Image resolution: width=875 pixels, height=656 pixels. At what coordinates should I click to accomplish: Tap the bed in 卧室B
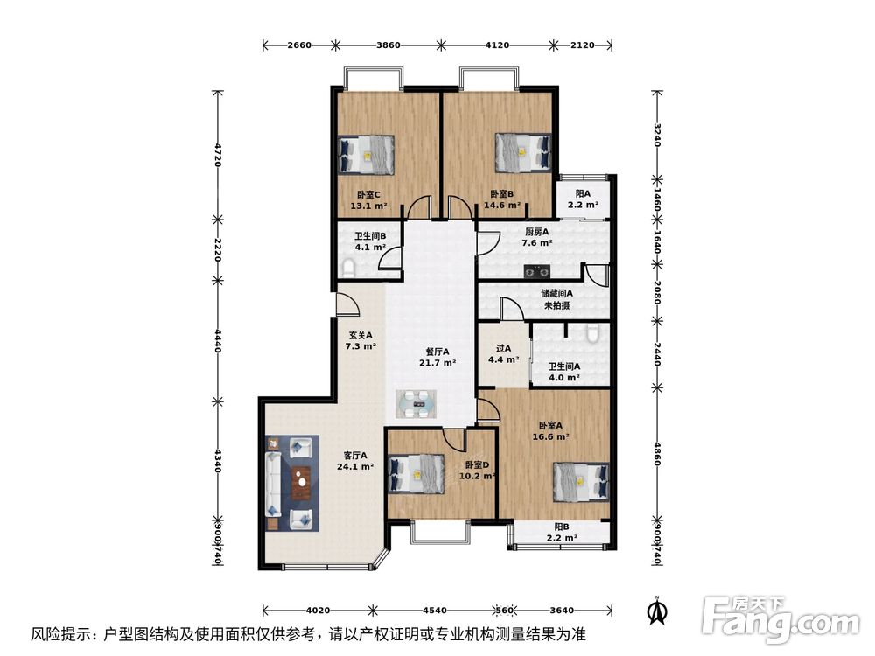[522, 151]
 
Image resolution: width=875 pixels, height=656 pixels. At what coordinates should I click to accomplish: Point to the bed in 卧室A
[579, 482]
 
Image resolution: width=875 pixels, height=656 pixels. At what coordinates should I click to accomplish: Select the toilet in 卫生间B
[347, 267]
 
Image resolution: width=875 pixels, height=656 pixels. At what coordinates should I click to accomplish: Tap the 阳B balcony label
[561, 533]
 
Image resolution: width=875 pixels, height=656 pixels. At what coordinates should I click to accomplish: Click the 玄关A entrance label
[360, 340]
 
